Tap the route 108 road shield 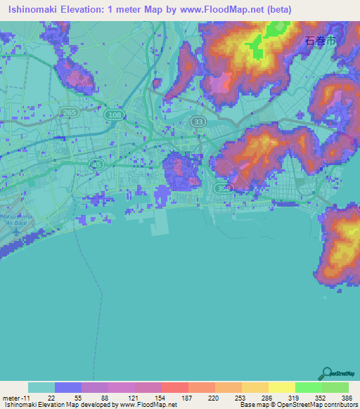111,114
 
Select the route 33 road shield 198,122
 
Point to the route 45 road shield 97,163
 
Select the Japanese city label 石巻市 321,41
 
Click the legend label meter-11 16,397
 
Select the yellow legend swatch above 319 281,387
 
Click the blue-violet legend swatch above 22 67,387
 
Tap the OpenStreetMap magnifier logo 326,372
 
